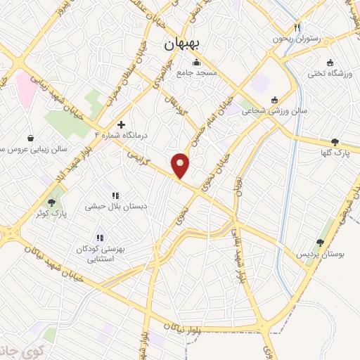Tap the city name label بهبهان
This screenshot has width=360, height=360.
pyautogui.click(x=182, y=44)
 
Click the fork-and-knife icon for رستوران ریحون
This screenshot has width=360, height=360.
pyautogui.click(x=297, y=27)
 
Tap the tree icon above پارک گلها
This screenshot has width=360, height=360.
pyautogui.click(x=335, y=141)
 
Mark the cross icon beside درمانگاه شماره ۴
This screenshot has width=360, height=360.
pyautogui.click(x=121, y=124)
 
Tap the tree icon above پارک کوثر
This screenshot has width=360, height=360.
pyautogui.click(x=51, y=202)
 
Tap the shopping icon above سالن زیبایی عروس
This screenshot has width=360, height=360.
pyautogui.click(x=32, y=137)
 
